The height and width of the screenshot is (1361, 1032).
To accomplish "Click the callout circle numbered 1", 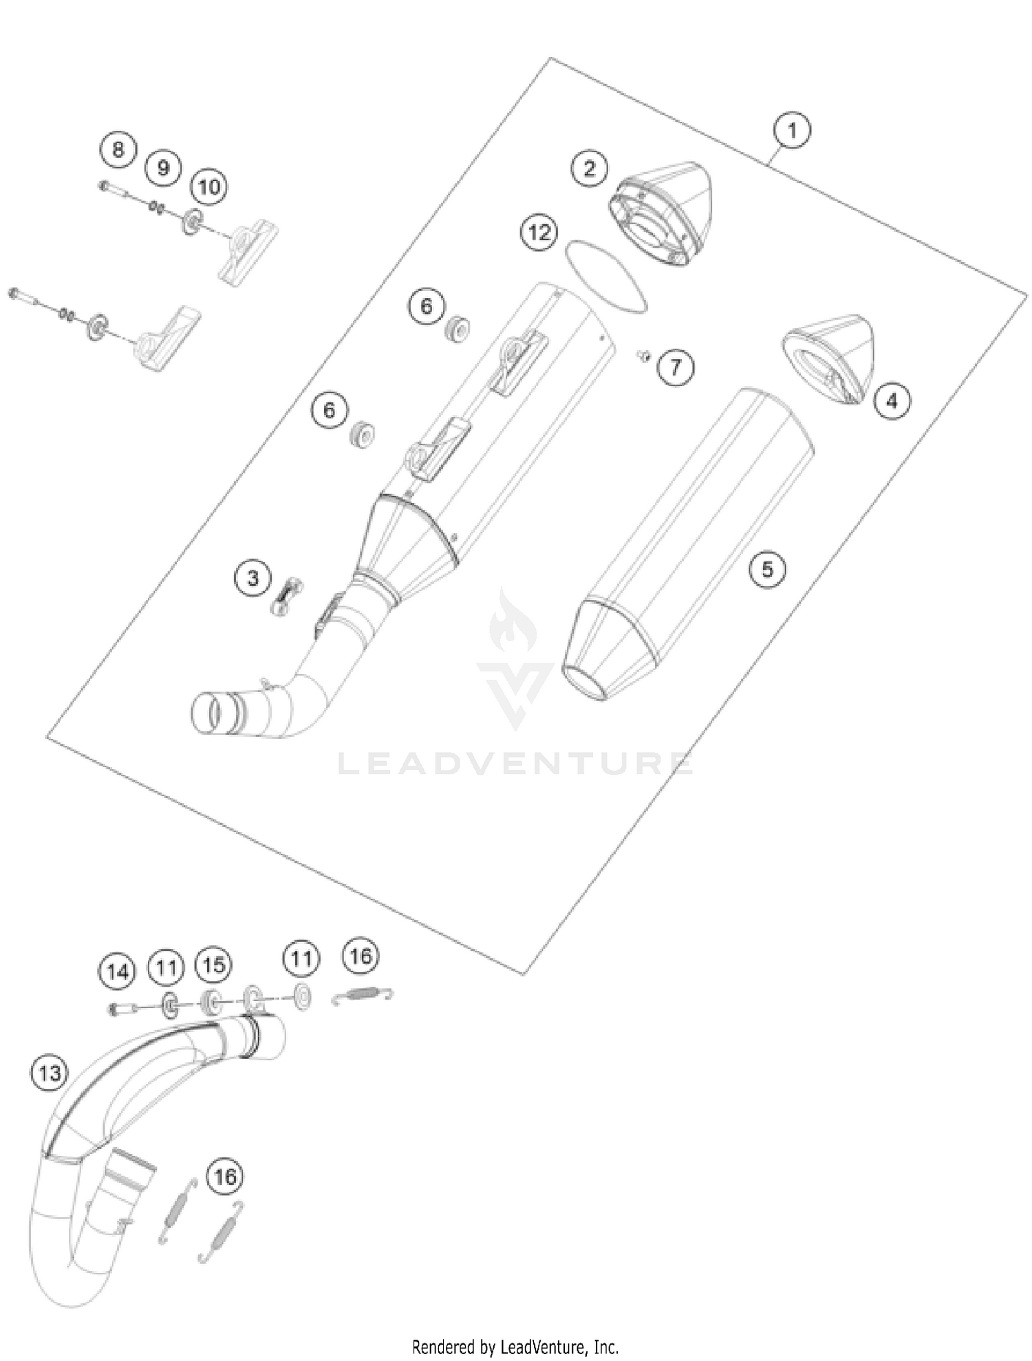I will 791,130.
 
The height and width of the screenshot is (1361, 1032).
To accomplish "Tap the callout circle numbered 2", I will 590,168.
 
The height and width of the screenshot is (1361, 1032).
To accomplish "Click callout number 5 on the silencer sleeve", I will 766,569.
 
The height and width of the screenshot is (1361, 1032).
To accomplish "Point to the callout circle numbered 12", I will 539,233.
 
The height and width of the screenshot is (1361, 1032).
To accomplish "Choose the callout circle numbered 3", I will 252,578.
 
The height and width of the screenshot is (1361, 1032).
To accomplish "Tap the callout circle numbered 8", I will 118,149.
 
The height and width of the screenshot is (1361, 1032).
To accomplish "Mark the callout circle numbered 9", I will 163,168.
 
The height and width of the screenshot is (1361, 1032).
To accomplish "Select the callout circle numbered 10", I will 209,186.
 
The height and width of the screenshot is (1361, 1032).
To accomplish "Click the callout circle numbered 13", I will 50,1073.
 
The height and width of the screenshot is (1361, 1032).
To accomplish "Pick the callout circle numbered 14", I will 117,972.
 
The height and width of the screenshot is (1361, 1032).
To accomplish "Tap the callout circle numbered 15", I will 213,965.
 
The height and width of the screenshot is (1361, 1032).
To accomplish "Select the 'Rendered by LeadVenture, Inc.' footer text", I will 515,1346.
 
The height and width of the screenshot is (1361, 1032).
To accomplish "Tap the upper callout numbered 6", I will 427,306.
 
